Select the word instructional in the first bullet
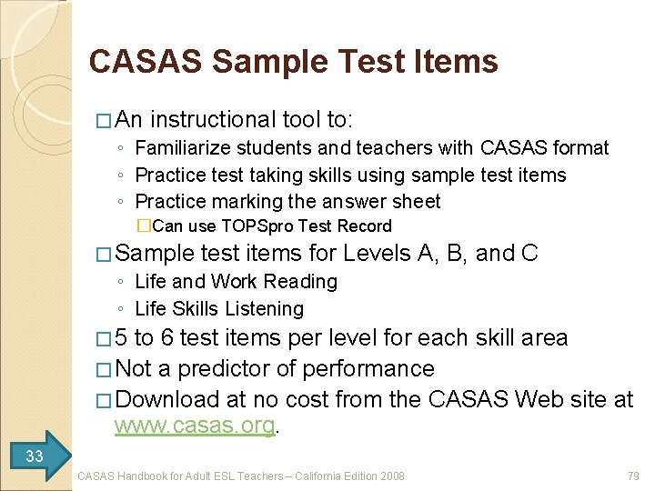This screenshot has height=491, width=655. point(212,119)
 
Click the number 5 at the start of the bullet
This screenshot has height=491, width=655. point(122,339)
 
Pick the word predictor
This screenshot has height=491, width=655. point(225,368)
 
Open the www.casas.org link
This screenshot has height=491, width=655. point(194,426)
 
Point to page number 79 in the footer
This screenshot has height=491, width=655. point(634,476)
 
